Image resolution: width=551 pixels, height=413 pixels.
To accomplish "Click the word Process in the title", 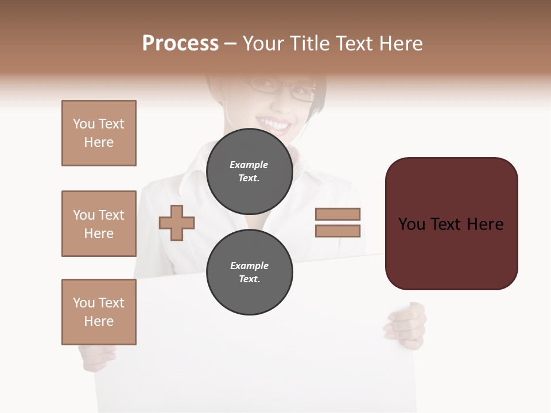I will tap(180, 44).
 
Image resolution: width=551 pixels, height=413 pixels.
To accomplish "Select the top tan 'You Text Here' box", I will tap(99, 133).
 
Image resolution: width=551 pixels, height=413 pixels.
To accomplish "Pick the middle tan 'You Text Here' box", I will tap(99, 224).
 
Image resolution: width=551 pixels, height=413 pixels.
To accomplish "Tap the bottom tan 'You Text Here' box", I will tap(99, 312).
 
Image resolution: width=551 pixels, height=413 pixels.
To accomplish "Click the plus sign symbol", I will tap(177, 223).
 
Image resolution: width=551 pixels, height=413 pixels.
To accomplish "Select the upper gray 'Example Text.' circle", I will tap(249, 171).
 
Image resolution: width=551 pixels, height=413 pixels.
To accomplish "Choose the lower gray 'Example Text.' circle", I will tap(249, 272).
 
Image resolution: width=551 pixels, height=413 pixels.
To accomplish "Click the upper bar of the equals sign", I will tap(337, 214).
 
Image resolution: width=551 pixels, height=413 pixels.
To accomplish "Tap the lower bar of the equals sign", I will tap(337, 231).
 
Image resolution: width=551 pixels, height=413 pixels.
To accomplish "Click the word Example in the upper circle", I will tap(249, 165).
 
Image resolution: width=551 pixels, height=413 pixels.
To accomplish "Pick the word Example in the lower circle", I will tap(249, 266).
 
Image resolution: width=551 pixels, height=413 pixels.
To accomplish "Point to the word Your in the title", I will tap(263, 44).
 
